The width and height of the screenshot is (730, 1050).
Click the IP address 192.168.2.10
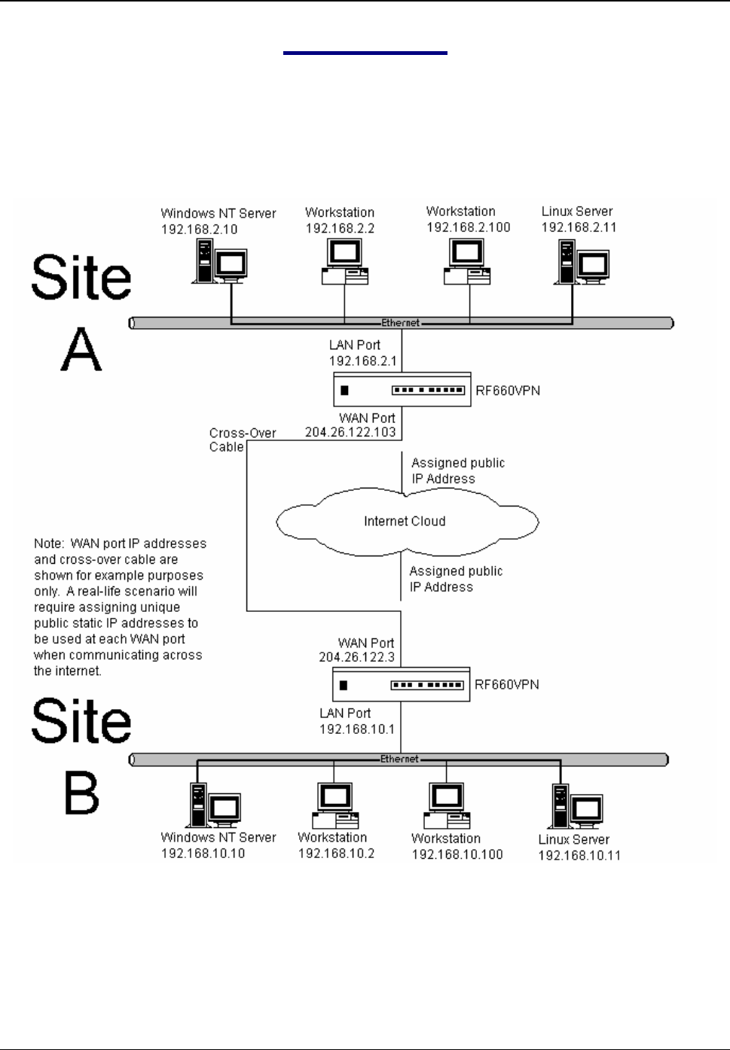coord(199,230)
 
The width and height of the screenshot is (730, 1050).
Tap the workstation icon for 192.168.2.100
coord(466,262)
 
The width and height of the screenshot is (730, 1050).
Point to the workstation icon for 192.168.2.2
coord(344,262)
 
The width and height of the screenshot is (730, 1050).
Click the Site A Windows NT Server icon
coord(220,263)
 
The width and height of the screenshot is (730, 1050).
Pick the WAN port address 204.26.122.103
coord(350,433)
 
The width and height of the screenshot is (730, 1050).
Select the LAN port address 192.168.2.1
coord(362,361)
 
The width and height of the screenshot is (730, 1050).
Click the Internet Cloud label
coord(405,521)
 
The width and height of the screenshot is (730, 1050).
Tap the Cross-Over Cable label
coord(242,440)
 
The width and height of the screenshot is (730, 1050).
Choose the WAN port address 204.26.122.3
coord(356,657)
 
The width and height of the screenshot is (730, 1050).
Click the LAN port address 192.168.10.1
coord(356,729)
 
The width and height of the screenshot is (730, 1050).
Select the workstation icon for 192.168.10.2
coord(334,805)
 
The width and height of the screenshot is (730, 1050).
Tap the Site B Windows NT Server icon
coord(214,806)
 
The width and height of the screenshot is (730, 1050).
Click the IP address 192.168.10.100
coord(457,854)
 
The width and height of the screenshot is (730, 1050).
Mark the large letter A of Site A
coord(81,350)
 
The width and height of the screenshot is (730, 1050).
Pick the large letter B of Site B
coord(81,793)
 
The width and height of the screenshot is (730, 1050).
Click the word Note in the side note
coord(48,543)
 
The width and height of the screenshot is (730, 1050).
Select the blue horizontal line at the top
coord(365,53)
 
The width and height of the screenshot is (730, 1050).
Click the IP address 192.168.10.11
coord(579,855)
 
